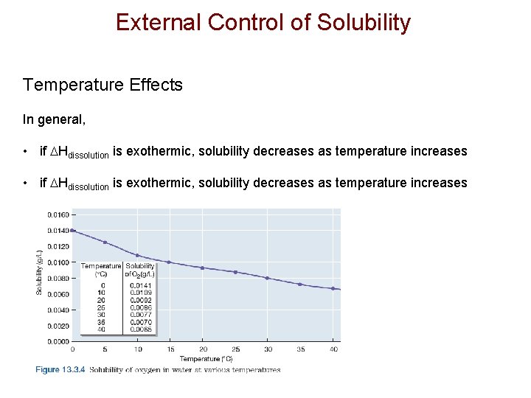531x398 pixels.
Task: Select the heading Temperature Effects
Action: tap(103, 85)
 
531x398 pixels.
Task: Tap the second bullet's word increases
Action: tap(440, 182)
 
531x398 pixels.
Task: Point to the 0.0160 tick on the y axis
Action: tap(58, 215)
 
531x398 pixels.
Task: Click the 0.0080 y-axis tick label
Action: tap(58, 279)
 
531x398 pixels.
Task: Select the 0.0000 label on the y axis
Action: tap(58, 341)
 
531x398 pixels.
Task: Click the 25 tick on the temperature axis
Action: tap(235, 349)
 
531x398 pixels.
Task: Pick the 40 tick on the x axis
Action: tap(333, 349)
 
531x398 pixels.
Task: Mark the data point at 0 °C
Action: tap(72, 230)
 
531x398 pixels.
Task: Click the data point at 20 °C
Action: tap(202, 268)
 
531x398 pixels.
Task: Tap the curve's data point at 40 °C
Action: tap(333, 288)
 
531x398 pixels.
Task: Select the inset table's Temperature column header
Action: tap(101, 266)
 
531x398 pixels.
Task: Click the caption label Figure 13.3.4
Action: tap(60, 370)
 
